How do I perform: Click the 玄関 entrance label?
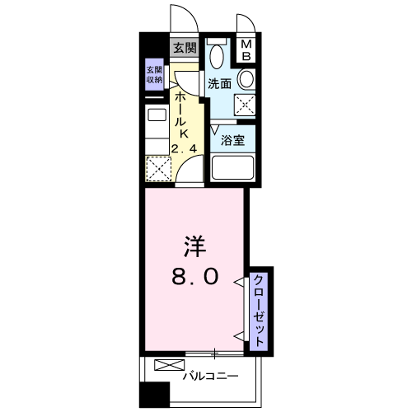coord(185,49)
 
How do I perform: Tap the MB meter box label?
coord(246,50)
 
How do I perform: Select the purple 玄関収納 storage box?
coord(154,74)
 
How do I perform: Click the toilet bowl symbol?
coord(217,56)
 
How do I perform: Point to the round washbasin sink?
coord(246,79)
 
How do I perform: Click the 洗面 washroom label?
coord(219,83)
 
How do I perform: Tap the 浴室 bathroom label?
coord(232,140)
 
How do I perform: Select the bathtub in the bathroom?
coord(232,168)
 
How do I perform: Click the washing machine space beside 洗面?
coord(245,105)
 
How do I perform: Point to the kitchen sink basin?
coord(157,115)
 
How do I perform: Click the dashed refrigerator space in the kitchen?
coord(158,169)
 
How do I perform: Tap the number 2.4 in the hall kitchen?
coord(184,149)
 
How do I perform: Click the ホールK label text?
coord(182,115)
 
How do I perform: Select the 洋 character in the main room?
coord(195,246)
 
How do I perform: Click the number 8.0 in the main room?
coord(195,276)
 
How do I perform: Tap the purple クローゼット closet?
coord(259,311)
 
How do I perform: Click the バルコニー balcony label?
coord(211,376)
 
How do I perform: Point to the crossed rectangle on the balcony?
coord(169,365)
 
